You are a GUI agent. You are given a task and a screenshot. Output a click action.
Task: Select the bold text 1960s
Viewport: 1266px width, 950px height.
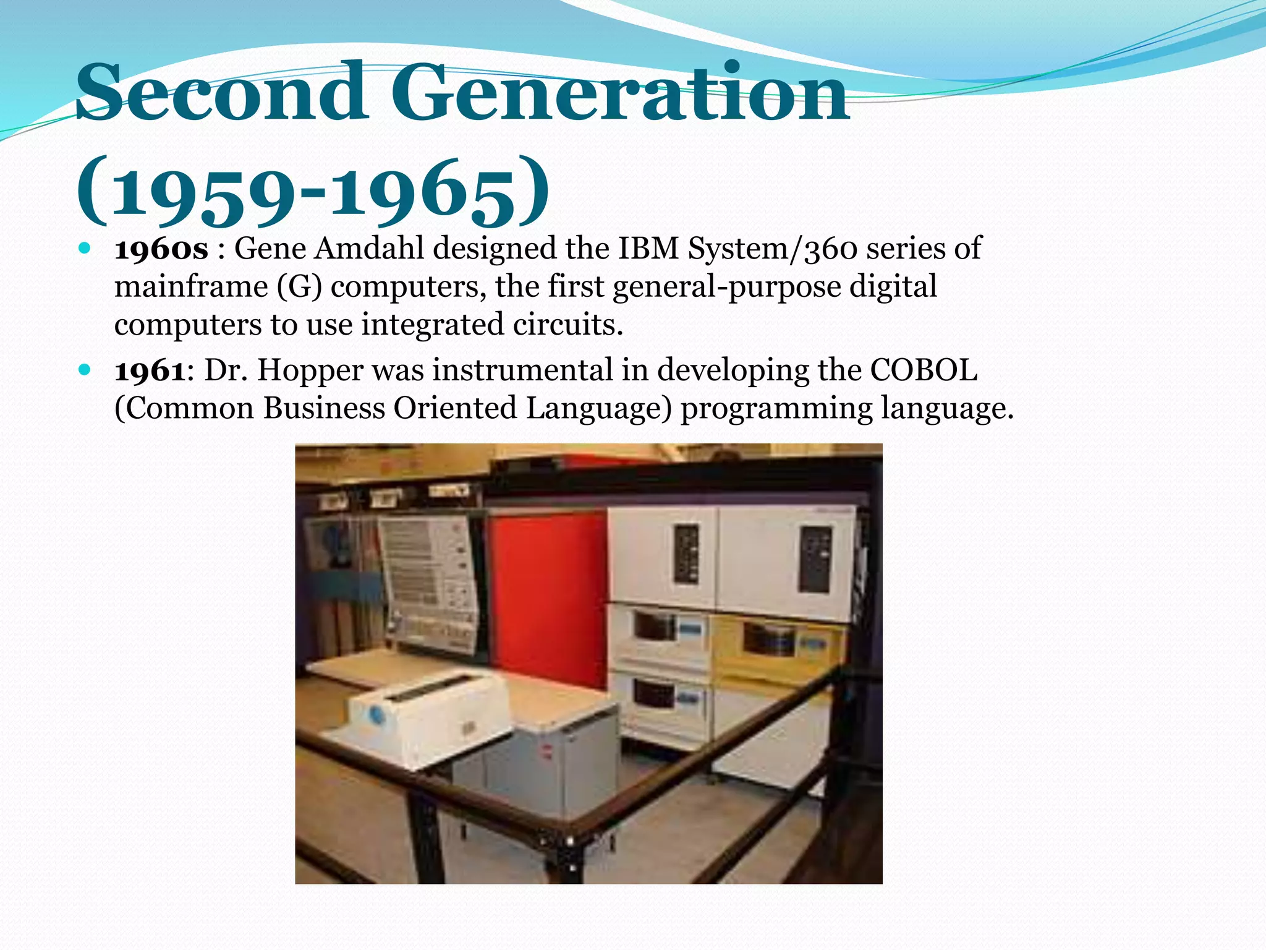(161, 249)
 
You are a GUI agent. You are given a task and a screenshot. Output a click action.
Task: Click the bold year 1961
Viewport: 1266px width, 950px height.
(150, 370)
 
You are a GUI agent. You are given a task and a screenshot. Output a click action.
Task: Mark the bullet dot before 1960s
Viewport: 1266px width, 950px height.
(85, 249)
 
